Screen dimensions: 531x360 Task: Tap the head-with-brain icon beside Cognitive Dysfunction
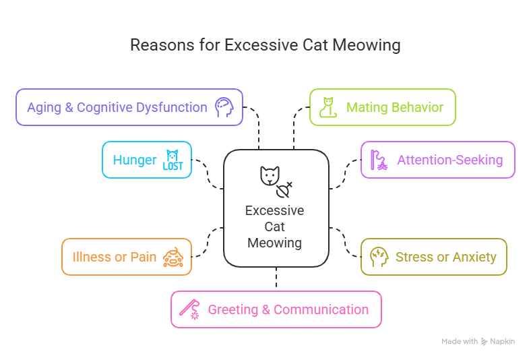224,107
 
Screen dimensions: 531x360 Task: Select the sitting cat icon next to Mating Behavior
328,107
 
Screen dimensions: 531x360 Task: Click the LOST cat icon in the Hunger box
173,160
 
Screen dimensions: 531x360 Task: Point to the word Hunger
135,160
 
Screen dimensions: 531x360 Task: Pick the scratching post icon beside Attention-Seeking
379,160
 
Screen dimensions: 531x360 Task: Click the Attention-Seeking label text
450,160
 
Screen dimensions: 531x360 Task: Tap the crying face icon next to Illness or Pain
173,257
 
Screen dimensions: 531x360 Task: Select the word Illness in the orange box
92,257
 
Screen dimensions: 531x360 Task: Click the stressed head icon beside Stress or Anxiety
379,257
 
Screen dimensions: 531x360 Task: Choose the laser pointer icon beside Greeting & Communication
189,309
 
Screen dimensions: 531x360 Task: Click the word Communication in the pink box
321,309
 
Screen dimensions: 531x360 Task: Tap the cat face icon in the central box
270,176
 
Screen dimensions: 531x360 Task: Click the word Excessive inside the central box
275,210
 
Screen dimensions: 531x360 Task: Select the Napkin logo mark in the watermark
485,342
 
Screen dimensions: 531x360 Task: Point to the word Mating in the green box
366,108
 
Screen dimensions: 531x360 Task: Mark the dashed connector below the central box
276,278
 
